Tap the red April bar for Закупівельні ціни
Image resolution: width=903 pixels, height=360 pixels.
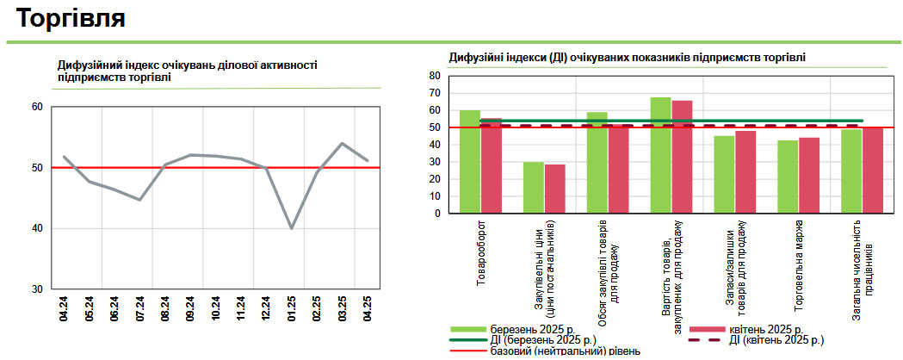click(x=555, y=189)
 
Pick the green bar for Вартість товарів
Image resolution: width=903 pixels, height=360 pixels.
click(x=661, y=155)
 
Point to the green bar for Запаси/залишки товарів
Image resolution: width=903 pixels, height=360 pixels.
click(x=725, y=175)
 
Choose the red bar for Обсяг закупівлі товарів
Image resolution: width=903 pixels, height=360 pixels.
click(x=619, y=170)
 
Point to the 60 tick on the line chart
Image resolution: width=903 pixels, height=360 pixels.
click(x=37, y=107)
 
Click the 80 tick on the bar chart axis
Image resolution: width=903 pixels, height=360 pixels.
click(x=435, y=76)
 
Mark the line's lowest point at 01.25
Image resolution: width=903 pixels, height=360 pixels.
click(x=292, y=228)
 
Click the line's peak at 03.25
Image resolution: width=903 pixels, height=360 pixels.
click(x=343, y=144)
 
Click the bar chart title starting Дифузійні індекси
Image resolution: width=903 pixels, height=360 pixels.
click(x=628, y=57)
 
